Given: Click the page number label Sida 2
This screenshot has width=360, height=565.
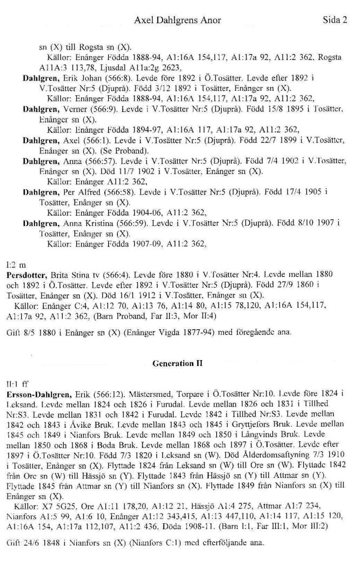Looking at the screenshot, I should (335, 21).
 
